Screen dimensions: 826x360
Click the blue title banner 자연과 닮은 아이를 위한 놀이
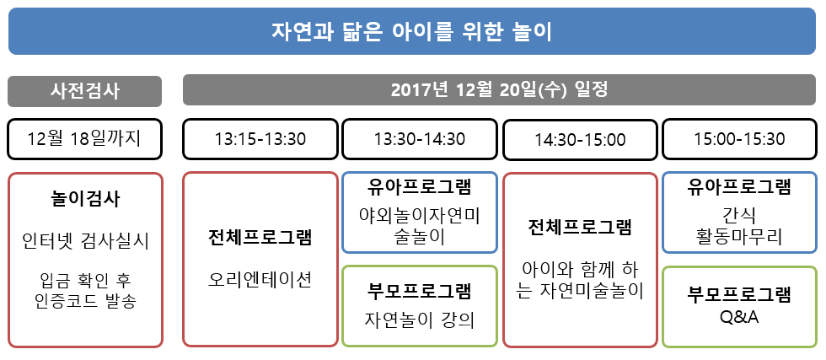[412, 31]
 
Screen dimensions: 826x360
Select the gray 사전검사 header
[85, 91]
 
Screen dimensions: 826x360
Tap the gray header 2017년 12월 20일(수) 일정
[499, 90]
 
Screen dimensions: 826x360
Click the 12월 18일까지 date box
[85, 139]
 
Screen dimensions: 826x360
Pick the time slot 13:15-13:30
[260, 139]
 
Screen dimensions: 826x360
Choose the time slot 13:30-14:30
[420, 139]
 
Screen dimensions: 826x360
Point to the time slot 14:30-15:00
[581, 140]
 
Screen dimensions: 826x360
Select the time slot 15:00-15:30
[740, 139]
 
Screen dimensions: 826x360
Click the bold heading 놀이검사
[85, 199]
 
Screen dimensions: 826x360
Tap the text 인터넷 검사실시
[85, 241]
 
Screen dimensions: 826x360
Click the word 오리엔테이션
[260, 279]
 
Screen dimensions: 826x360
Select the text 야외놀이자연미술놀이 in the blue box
[420, 226]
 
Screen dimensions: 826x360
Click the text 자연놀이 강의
[420, 320]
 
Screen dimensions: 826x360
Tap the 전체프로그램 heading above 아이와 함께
[580, 228]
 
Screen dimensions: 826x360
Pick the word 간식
[740, 215]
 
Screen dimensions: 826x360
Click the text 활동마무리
[740, 236]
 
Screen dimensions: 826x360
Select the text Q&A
[740, 318]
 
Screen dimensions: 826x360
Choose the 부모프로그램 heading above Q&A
[740, 294]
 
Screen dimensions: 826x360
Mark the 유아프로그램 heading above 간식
[740, 187]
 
